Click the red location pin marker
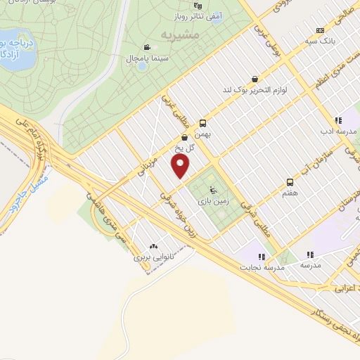(x=181, y=166)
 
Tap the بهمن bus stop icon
(x=203, y=122)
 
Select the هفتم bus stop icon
(x=289, y=181)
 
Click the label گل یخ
(x=184, y=148)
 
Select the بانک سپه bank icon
(x=320, y=30)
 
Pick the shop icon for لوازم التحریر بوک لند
(x=254, y=79)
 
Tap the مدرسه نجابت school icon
(x=262, y=257)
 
